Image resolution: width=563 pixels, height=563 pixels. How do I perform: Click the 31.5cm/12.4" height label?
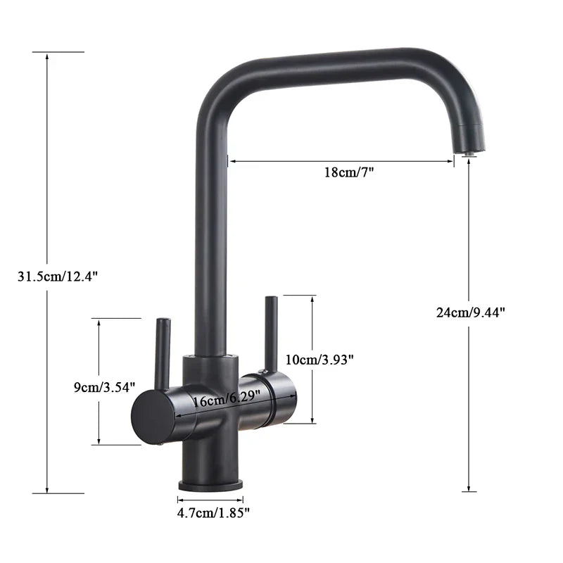point(58,277)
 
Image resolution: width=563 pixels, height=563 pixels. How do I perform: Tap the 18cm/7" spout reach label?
point(349,172)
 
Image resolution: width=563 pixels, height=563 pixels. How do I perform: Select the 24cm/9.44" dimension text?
point(470,312)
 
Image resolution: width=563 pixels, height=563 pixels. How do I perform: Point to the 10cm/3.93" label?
point(320,360)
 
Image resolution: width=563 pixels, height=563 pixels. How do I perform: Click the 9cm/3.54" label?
point(104,387)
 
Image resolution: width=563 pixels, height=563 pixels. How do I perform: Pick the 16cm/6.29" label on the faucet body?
point(227,399)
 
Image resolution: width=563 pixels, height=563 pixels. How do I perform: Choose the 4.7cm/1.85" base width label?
point(213,513)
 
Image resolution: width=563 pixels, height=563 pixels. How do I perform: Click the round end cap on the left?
point(153,417)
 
